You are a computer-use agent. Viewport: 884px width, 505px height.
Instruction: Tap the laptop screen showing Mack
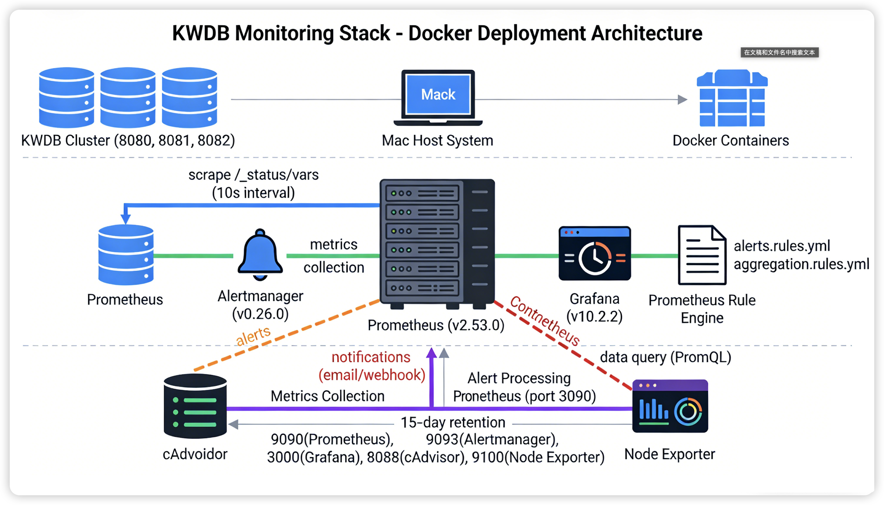click(x=438, y=94)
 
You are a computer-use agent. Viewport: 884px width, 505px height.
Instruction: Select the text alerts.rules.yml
click(x=782, y=246)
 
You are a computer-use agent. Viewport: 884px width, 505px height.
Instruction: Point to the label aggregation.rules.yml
click(x=801, y=264)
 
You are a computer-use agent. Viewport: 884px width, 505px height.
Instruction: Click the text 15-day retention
click(x=453, y=422)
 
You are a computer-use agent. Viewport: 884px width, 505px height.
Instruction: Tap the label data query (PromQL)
click(x=665, y=357)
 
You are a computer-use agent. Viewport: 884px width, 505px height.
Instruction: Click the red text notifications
click(x=371, y=357)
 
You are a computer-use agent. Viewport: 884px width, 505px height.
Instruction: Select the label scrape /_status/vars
click(x=253, y=175)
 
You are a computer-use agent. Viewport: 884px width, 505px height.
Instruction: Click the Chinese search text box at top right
click(x=779, y=52)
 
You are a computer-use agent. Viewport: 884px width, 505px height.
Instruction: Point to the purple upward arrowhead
click(x=431, y=353)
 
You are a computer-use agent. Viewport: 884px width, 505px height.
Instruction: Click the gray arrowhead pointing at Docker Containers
click(x=682, y=100)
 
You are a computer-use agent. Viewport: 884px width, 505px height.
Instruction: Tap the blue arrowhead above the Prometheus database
click(x=125, y=219)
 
